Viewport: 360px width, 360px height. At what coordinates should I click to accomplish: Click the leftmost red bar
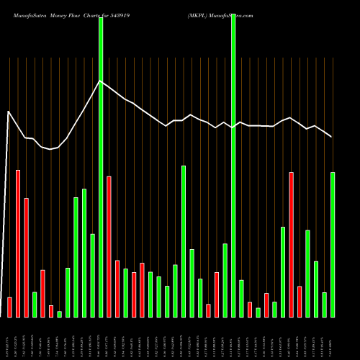[9, 307]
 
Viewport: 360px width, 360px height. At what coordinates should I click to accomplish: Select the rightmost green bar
[333, 245]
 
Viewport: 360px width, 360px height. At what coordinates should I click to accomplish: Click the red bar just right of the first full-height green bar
[109, 246]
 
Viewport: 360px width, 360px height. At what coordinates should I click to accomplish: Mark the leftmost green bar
[34, 304]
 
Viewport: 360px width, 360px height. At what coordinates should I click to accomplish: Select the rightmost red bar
[300, 301]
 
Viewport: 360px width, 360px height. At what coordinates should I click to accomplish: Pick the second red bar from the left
[18, 243]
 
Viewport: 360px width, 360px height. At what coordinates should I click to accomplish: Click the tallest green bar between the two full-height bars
[184, 241]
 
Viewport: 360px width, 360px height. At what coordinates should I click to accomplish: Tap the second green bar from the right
[324, 305]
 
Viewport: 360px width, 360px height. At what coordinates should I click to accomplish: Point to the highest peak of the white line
[100, 81]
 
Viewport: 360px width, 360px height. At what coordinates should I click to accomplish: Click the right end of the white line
[331, 136]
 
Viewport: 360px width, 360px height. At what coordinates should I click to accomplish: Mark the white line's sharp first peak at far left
[9, 112]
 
